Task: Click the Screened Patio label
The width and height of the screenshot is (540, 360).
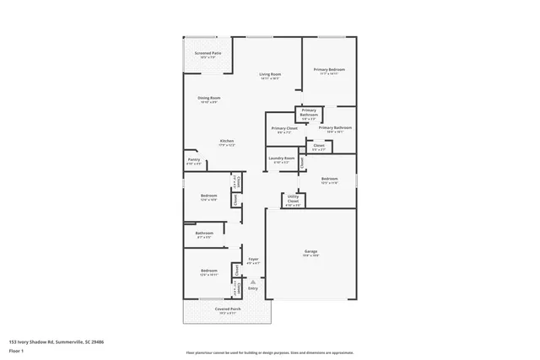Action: [x=208, y=53]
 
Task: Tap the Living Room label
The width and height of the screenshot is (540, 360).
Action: [x=269, y=74]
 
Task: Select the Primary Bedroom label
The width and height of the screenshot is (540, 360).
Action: [x=329, y=70]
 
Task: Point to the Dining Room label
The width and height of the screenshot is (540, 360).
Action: [x=208, y=99]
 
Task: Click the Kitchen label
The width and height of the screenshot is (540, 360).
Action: [x=227, y=141]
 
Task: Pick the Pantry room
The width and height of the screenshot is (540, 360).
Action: [x=193, y=159]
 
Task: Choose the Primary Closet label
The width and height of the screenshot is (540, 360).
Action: [x=283, y=128]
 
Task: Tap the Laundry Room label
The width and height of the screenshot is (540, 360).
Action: [x=281, y=159]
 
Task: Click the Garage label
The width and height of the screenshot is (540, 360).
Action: [x=310, y=251]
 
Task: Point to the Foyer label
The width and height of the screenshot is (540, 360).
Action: [x=252, y=259]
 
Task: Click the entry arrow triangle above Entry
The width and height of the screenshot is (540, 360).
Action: [x=252, y=282]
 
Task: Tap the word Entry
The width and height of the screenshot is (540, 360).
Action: [x=252, y=288]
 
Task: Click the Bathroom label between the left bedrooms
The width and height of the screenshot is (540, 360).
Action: [x=204, y=234]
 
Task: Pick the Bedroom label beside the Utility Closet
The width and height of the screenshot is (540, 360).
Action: [x=329, y=179]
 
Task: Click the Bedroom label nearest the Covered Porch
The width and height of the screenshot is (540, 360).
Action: [x=209, y=271]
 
